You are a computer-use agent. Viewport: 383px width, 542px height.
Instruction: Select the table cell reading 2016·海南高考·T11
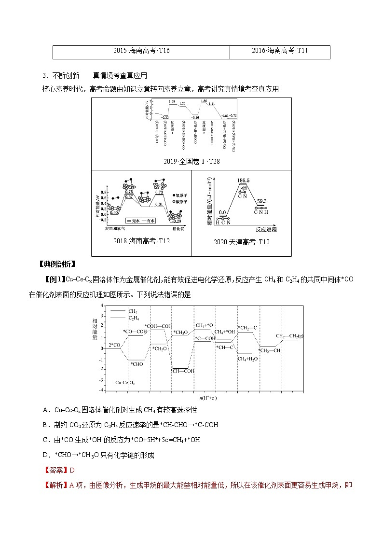[280, 51]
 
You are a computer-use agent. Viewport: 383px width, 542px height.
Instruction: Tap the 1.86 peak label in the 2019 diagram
[204, 100]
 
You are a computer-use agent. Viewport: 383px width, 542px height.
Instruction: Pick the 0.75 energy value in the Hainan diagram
[129, 192]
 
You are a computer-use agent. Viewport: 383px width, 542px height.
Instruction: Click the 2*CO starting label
[114, 345]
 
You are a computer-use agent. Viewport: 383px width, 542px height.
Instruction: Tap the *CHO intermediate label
[137, 364]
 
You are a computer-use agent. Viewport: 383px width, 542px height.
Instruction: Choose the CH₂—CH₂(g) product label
[290, 336]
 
